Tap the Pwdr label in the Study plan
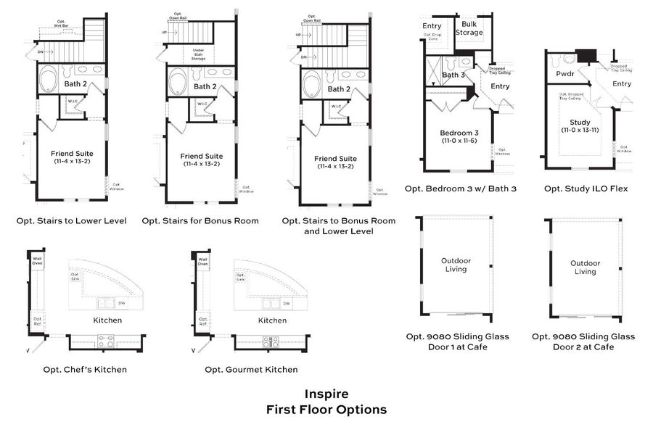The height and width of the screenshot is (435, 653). (x=564, y=74)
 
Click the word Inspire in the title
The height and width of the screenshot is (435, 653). (x=326, y=394)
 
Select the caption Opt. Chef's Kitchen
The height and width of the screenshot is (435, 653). (x=84, y=369)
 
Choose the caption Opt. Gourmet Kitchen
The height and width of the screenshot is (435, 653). (x=251, y=369)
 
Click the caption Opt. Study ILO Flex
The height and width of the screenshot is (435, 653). (x=586, y=189)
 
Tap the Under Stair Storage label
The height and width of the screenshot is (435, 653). (x=197, y=52)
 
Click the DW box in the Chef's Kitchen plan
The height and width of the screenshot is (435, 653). (x=121, y=303)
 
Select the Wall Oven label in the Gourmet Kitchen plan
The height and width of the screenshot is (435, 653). (x=203, y=261)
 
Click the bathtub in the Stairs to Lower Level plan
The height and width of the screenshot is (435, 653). (x=50, y=79)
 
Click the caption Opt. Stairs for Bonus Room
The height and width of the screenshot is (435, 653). (x=200, y=220)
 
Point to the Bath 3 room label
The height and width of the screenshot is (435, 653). (x=453, y=75)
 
